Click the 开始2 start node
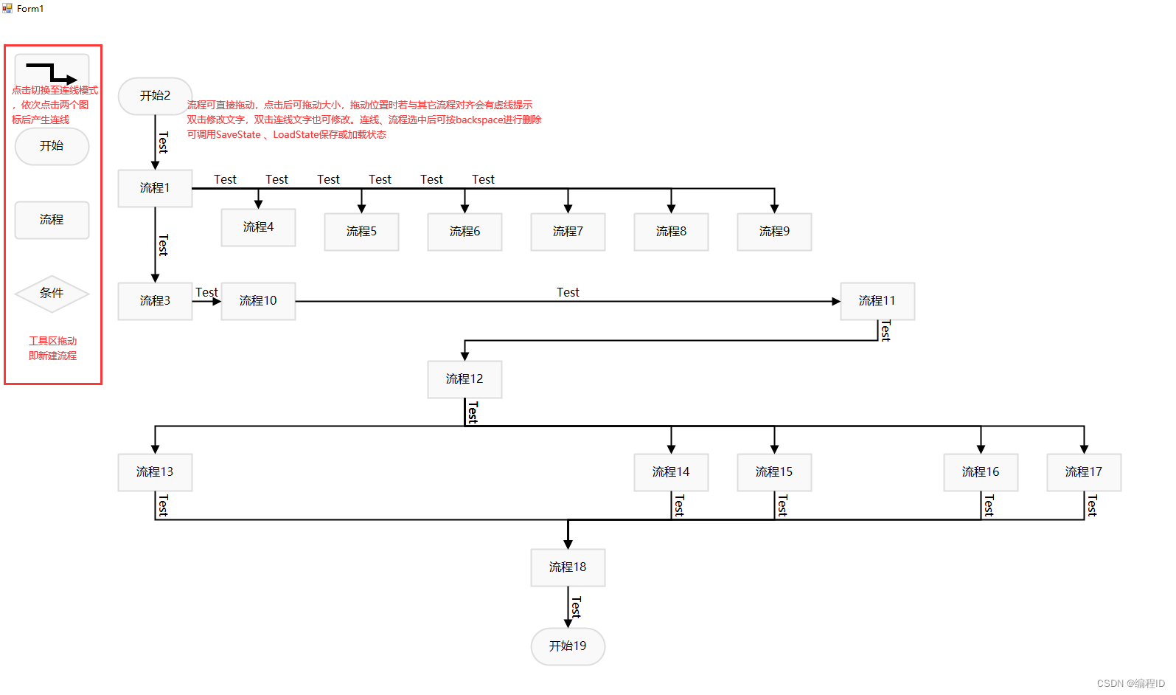[x=155, y=96]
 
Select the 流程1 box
[x=155, y=188]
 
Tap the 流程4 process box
[x=258, y=227]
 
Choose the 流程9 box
[x=774, y=232]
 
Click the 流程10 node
[x=258, y=301]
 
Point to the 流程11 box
[x=877, y=301]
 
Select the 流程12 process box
[x=465, y=379]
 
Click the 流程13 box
[x=155, y=472]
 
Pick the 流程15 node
[x=774, y=472]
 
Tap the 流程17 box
[x=1084, y=472]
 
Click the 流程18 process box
[x=568, y=567]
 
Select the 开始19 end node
[x=568, y=646]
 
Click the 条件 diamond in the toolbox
[x=52, y=294]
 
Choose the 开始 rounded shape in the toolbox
[x=52, y=146]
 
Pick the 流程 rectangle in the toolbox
[x=52, y=220]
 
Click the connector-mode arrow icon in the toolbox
[x=52, y=72]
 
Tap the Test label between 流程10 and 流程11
[x=568, y=293]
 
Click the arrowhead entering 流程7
[x=568, y=210]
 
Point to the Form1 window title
[x=30, y=9]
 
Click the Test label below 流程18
[x=576, y=606]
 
